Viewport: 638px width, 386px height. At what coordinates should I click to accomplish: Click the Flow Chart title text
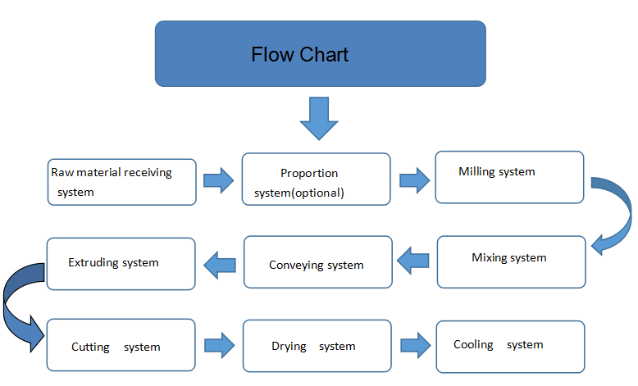point(300,55)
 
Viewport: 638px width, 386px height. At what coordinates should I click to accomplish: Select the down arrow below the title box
point(319,118)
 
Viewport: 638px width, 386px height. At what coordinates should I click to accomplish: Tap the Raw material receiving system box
point(122,182)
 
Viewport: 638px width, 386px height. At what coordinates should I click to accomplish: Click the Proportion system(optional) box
point(317,179)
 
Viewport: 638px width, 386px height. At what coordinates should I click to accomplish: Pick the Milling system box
point(509,177)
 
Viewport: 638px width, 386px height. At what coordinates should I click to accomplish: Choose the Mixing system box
point(512,262)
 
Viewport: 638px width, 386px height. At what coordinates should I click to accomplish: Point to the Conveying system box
point(318,262)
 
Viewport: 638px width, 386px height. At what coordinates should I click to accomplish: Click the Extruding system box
point(121,264)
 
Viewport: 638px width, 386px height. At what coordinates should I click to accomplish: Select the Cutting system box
point(121,345)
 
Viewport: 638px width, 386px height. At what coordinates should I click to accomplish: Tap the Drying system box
point(317,346)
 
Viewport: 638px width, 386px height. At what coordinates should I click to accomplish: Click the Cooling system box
point(511,347)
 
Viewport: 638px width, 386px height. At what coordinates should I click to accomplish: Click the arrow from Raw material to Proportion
point(219,180)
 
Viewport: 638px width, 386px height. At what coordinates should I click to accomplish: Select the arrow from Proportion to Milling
point(415,180)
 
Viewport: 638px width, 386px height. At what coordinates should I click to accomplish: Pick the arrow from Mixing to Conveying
point(413,261)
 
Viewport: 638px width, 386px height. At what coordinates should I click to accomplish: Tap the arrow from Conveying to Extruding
point(220,266)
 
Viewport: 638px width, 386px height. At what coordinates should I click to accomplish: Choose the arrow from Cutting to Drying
point(220,345)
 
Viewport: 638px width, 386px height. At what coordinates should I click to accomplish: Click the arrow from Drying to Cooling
point(416,345)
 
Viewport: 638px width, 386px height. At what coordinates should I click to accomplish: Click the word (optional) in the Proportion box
point(318,193)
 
